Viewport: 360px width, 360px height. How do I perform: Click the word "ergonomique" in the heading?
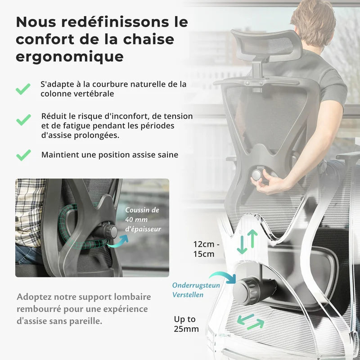[x=69, y=57]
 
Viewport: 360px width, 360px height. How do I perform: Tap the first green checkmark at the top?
[x=23, y=89]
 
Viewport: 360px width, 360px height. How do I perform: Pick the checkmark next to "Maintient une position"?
[x=23, y=155]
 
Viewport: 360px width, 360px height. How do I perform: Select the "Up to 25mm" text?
[x=186, y=324]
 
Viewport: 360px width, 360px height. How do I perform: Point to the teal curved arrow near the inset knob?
[x=117, y=241]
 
